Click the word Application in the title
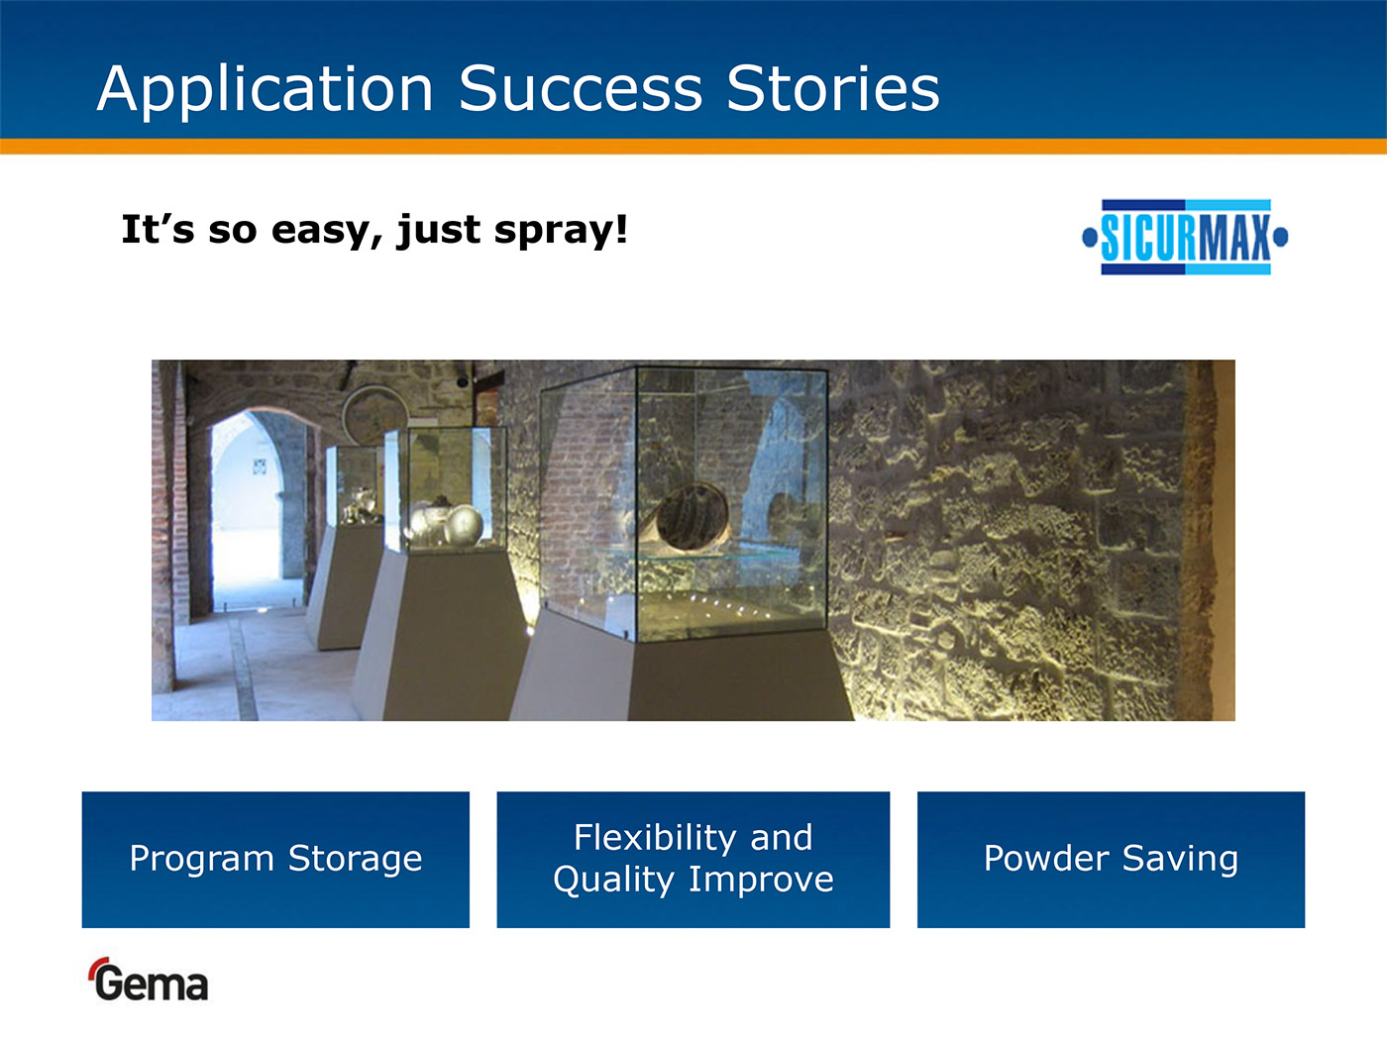point(265,90)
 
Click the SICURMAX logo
point(1186,238)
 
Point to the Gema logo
point(150,980)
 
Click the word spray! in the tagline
point(561,231)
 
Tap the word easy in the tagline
point(326,231)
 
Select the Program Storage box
point(275,860)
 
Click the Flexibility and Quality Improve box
point(693,860)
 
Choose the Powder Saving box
point(1111,860)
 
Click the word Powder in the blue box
point(1046,858)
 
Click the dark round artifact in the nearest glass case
point(693,516)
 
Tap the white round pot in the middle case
point(464,525)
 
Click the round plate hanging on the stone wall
point(374,414)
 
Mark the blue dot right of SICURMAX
point(1281,238)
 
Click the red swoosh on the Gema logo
point(97,967)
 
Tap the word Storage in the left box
point(355,860)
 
